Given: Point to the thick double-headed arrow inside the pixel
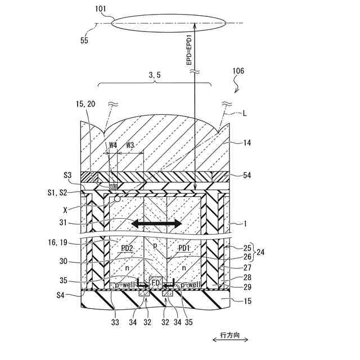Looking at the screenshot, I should tap(157, 224).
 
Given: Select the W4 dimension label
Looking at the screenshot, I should tap(113, 145).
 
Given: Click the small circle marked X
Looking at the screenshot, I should tap(117, 199).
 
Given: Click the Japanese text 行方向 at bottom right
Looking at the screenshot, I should tap(231, 335).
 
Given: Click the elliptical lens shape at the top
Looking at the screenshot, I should tap(169, 24).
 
